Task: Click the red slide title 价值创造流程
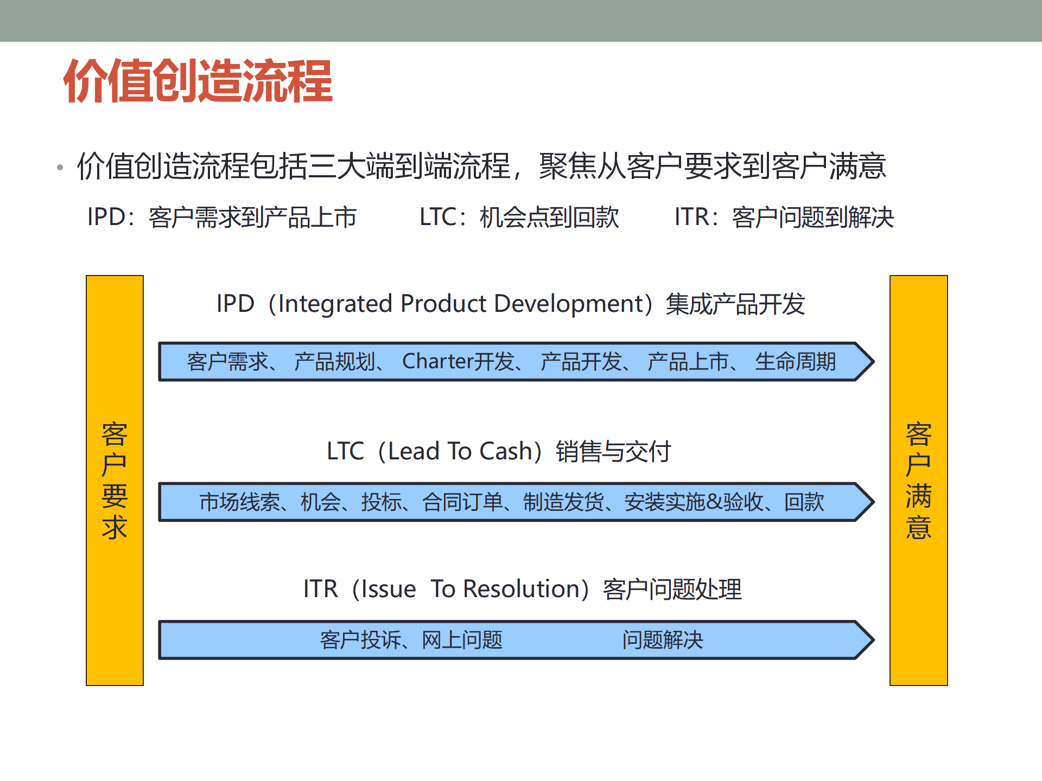coord(198,81)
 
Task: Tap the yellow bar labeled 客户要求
coord(115,480)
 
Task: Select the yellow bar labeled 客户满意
coord(918,480)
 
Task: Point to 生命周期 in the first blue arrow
coord(795,361)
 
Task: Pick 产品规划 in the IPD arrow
coord(335,361)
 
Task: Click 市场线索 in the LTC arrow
coord(239,502)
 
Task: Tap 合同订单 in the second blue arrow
coord(462,502)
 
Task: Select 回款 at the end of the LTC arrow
coord(804,502)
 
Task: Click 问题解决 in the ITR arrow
coord(663,640)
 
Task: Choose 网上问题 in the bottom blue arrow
coord(462,640)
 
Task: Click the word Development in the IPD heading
coord(569,304)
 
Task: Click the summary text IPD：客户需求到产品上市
coord(222,217)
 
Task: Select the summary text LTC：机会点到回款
coord(519,217)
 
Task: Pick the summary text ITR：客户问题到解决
coord(784,217)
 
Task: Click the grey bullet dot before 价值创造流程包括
coord(60,168)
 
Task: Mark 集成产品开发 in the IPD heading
coord(735,304)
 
